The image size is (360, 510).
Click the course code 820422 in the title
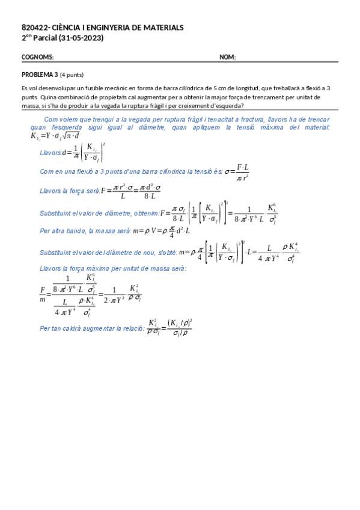[x=33, y=28]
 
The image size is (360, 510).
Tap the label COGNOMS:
[x=38, y=57]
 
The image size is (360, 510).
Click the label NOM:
[x=227, y=57]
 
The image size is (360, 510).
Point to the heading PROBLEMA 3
[x=40, y=75]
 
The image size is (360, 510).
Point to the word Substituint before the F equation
[x=58, y=213]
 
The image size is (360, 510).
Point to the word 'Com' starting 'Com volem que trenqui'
[x=51, y=119]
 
